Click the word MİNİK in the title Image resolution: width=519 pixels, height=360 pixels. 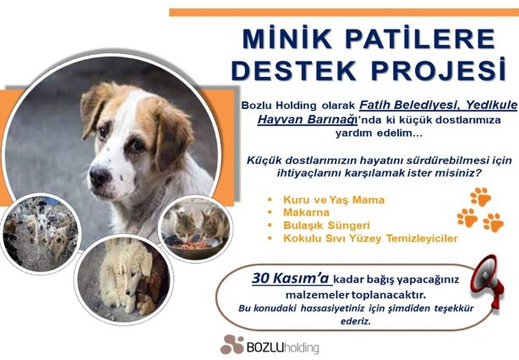(x=287, y=40)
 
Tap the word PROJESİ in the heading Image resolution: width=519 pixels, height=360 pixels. (x=439, y=70)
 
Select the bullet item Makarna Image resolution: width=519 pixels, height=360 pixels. (x=306, y=212)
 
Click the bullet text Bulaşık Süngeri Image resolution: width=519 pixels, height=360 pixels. (x=326, y=226)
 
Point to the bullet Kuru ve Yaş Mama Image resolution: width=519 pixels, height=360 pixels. (x=334, y=199)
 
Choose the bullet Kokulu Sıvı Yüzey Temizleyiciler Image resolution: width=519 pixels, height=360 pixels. (x=370, y=238)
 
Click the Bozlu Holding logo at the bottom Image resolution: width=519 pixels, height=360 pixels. (x=270, y=345)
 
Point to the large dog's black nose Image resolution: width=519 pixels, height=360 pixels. (x=100, y=177)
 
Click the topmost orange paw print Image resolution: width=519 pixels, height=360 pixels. (x=481, y=197)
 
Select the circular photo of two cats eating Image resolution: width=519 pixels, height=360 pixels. (x=195, y=228)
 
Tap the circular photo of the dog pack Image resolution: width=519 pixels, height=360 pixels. (x=41, y=233)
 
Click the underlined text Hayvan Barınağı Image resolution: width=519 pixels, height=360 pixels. (x=306, y=119)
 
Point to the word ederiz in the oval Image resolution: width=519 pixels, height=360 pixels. (x=356, y=321)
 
